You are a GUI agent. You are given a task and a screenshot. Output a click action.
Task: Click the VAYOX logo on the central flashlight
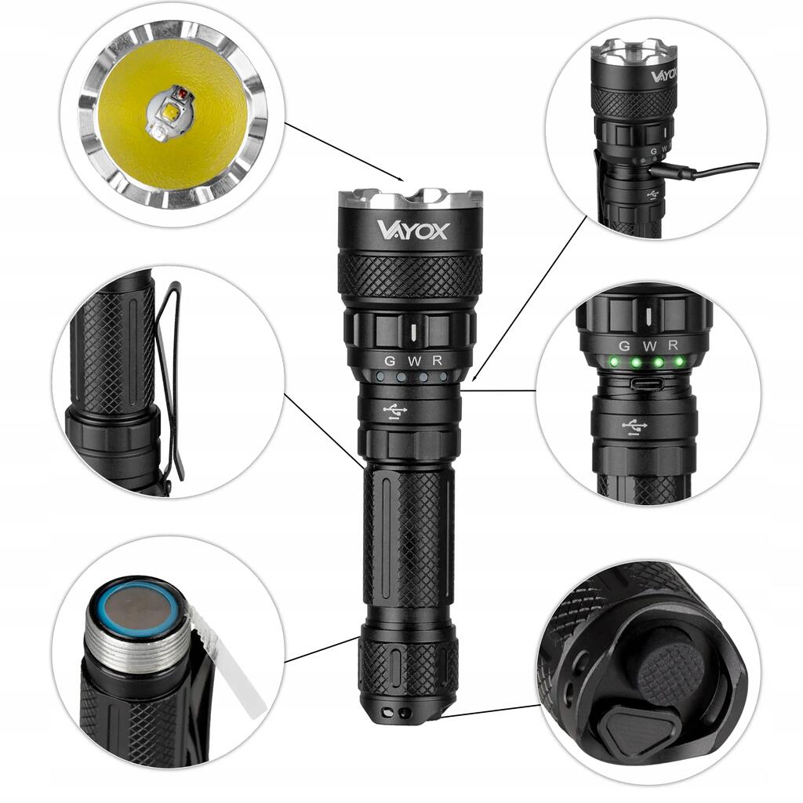[413, 230]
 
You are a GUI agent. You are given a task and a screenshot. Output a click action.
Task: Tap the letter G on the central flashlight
[390, 361]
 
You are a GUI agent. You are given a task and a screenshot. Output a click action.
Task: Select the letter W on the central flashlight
[415, 361]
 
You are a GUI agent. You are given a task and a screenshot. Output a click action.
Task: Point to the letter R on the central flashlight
[437, 361]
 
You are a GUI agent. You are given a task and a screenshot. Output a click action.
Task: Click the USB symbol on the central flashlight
[395, 411]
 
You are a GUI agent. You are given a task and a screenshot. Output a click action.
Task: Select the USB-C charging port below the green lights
[647, 383]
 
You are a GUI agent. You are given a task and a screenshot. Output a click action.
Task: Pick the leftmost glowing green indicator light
[613, 362]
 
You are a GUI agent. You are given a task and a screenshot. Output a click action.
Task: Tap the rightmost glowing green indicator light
[678, 361]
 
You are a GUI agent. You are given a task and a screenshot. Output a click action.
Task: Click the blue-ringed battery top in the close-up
[138, 610]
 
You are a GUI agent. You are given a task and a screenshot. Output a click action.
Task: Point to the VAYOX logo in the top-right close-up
[664, 76]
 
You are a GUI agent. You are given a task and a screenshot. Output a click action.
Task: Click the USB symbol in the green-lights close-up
[634, 427]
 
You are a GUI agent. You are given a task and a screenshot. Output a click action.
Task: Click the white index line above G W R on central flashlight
[414, 332]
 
